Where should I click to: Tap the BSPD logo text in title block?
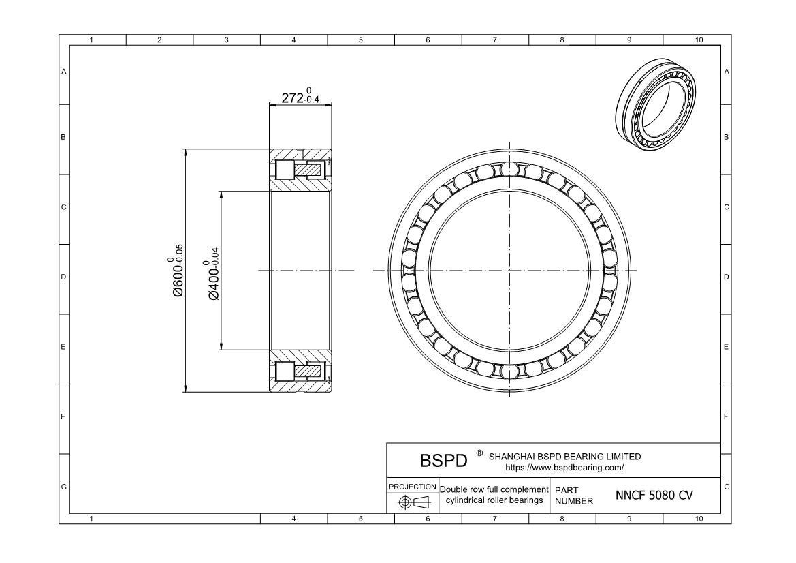pos(443,461)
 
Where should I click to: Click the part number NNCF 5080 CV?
pos(654,496)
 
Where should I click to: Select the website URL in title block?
pos(564,468)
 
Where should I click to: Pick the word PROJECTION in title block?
pos(412,487)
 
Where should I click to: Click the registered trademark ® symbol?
pos(479,453)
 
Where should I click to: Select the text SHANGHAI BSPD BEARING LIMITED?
pos(564,457)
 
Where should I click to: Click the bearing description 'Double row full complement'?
pos(494,489)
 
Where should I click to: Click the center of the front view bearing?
pos(508,271)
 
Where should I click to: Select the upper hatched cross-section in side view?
pos(300,170)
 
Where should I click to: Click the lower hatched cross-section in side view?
pos(300,371)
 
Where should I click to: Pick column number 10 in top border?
pos(698,41)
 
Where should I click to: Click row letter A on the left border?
pos(64,72)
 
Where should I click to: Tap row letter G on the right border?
pos(727,487)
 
